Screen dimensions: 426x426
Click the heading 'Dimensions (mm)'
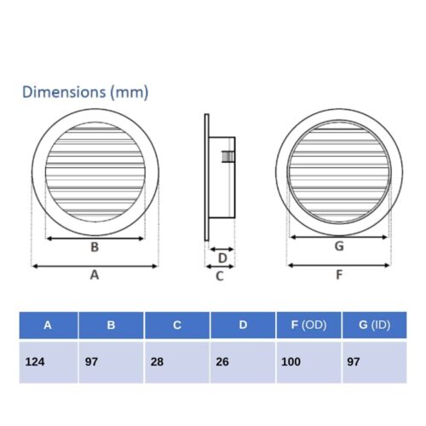[x=85, y=92]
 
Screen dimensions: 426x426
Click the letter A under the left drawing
[x=95, y=275]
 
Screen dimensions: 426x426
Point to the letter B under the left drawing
[x=95, y=247]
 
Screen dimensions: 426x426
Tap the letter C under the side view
[x=220, y=276]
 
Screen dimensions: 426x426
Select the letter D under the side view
[x=222, y=258]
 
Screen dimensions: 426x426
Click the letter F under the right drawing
[x=339, y=275]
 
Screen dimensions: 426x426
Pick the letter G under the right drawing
[x=339, y=246]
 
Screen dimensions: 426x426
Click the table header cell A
[x=49, y=325]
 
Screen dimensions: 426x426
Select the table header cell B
[x=111, y=325]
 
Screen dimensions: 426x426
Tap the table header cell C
[x=177, y=325]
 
